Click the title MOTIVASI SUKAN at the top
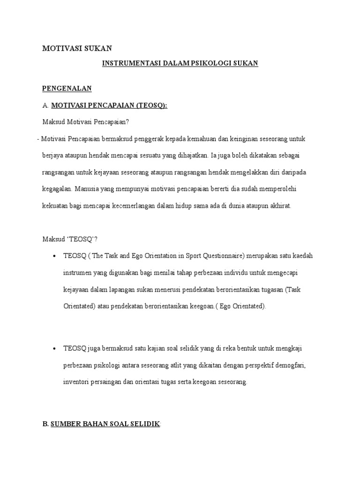[77, 48]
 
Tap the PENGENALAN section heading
[67, 88]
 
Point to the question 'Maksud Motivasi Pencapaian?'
[85, 122]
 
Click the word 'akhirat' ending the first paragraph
[279, 206]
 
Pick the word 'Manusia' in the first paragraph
[87, 189]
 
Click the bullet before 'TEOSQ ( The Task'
[55, 256]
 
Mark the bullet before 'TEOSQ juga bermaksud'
[55, 348]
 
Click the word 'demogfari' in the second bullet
[292, 365]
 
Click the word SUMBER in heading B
[66, 424]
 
